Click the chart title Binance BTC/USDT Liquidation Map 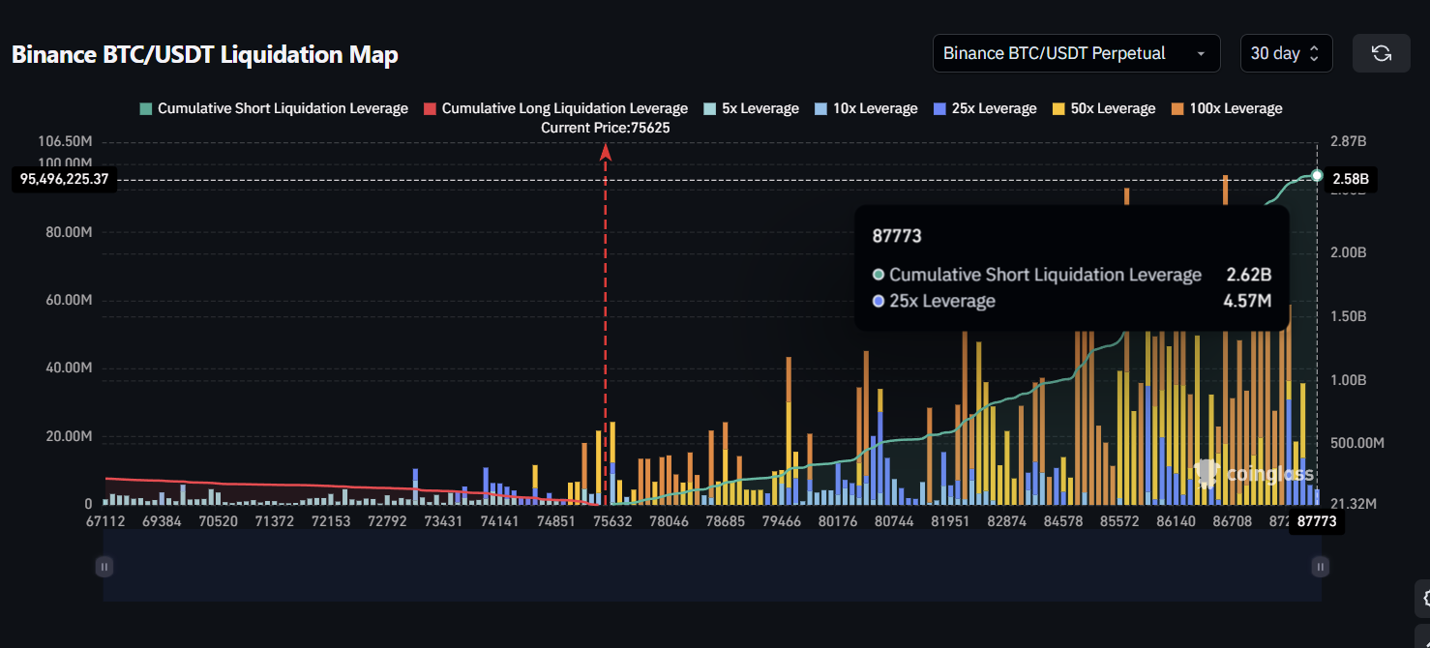[x=204, y=55]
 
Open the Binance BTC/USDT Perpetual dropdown [x=1075, y=53]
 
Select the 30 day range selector [x=1286, y=53]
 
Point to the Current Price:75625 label [x=606, y=128]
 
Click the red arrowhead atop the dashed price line [x=606, y=151]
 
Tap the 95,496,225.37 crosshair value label [x=64, y=179]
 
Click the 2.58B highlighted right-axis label [x=1351, y=179]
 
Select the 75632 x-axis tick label [x=612, y=521]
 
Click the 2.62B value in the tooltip [x=1249, y=275]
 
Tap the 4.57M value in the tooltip [x=1247, y=301]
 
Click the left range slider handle [x=104, y=567]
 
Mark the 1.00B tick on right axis [x=1348, y=380]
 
